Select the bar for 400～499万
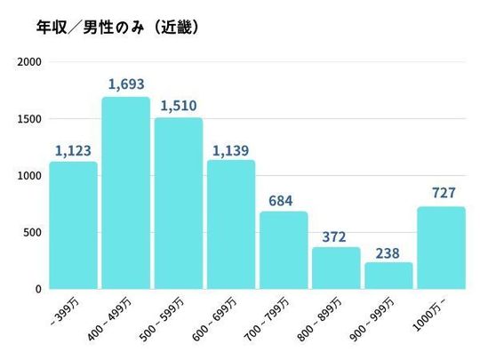click(125, 193)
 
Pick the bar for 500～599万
click(178, 204)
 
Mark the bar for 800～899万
click(336, 268)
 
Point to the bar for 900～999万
click(388, 276)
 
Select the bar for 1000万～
click(441, 248)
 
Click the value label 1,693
click(125, 84)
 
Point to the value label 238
click(388, 251)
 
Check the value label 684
click(284, 199)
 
